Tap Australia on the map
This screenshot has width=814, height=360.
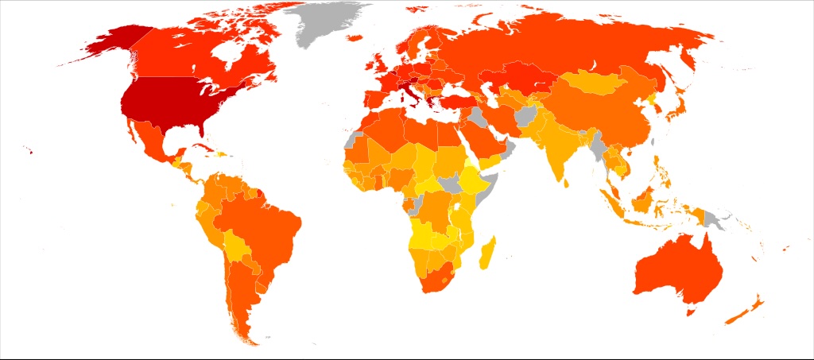[x=680, y=270]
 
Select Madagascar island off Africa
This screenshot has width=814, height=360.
[x=486, y=253]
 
